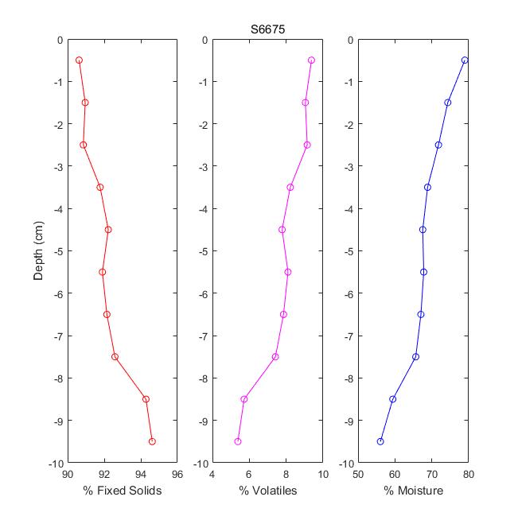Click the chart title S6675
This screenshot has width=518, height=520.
[x=267, y=30]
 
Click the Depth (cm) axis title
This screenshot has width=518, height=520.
[x=38, y=250]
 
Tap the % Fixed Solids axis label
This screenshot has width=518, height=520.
[x=122, y=491]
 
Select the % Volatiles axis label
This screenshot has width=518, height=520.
[x=267, y=491]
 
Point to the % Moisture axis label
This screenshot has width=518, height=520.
[x=413, y=491]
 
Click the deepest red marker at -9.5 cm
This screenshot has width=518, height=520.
[x=152, y=441]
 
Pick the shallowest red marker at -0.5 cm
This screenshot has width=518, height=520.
[x=79, y=60]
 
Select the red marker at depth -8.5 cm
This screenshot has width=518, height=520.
[x=146, y=399]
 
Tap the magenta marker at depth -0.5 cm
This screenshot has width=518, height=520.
[x=311, y=60]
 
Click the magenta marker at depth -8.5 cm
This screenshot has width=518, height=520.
[x=244, y=399]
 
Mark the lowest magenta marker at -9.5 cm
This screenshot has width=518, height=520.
[x=238, y=441]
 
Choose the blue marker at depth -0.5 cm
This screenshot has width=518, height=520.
[x=465, y=60]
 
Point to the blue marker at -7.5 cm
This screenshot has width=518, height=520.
[x=415, y=357]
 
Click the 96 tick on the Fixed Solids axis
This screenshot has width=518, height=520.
[x=177, y=475]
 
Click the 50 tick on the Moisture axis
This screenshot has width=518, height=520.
[x=358, y=475]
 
